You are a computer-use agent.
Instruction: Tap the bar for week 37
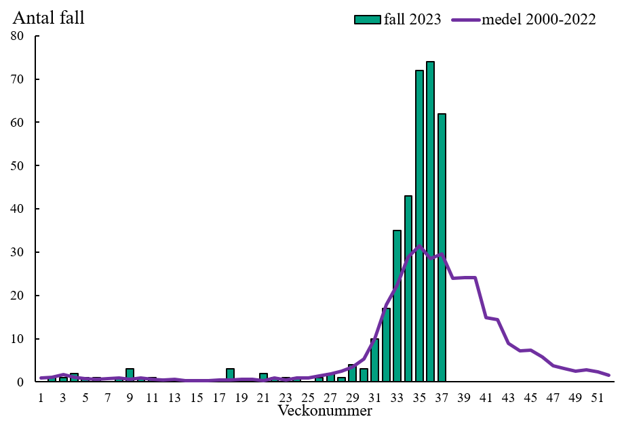tap(442, 247)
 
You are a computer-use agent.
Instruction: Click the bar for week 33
tap(397, 306)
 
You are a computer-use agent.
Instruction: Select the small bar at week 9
tap(130, 375)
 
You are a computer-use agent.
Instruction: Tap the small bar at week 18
tap(230, 375)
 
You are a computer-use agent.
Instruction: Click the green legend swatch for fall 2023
tap(368, 20)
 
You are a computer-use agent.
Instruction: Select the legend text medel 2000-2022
tap(539, 20)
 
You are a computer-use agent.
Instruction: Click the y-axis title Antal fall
tap(49, 18)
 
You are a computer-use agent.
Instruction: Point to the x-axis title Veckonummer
tap(325, 410)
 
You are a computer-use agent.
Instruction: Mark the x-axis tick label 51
tap(598, 398)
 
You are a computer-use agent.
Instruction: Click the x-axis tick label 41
tap(486, 398)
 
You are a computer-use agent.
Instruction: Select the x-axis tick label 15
tap(197, 398)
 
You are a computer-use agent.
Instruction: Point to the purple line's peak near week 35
tap(419, 246)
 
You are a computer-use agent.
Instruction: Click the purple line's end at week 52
tap(608, 375)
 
